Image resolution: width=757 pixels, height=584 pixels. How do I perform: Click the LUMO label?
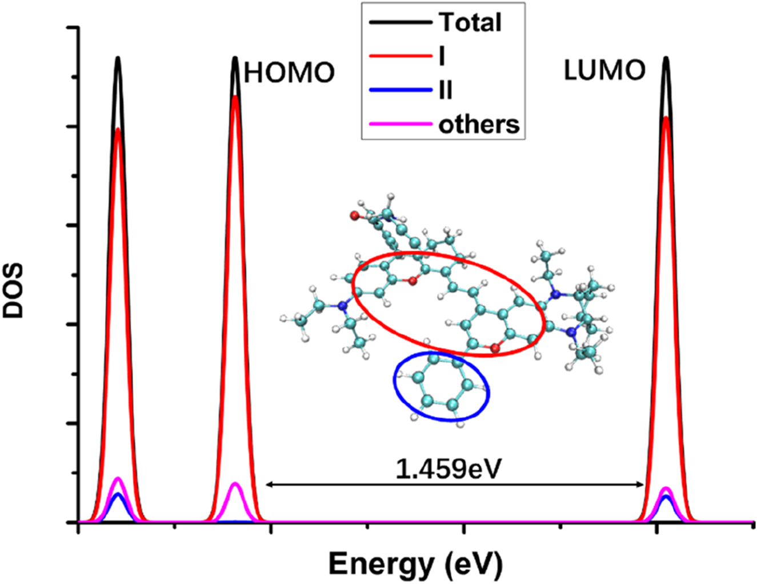click(x=604, y=71)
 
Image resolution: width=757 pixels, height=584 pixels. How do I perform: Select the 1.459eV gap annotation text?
click(x=448, y=470)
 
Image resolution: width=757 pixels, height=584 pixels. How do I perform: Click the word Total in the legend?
click(x=470, y=23)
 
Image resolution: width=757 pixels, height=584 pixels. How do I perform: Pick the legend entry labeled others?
click(x=479, y=124)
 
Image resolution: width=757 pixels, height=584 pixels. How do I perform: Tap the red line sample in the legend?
click(x=400, y=56)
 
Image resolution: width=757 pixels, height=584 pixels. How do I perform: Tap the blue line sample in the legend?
click(x=400, y=90)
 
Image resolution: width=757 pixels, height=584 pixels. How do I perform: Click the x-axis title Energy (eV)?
click(x=415, y=565)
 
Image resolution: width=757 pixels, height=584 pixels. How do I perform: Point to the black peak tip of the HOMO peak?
click(x=235, y=58)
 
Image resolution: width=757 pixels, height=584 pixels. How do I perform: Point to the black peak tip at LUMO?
click(x=666, y=58)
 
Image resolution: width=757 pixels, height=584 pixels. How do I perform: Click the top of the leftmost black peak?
click(x=118, y=58)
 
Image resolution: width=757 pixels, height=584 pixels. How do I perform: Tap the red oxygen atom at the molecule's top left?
click(x=354, y=216)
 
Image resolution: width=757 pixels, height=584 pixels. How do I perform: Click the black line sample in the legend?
click(x=400, y=23)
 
